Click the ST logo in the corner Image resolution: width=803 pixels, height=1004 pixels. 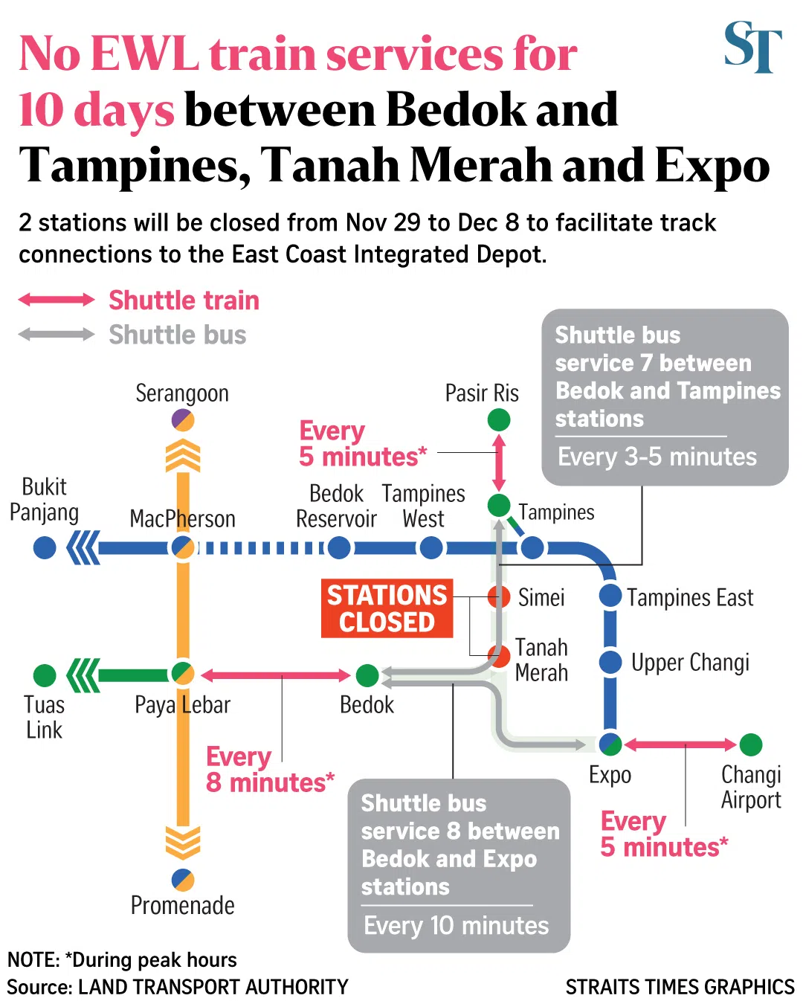(752, 47)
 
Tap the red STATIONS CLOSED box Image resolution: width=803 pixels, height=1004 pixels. (387, 608)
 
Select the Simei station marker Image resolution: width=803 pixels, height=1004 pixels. (499, 596)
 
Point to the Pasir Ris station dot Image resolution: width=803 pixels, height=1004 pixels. (499, 420)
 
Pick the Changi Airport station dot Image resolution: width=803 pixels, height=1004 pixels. (751, 744)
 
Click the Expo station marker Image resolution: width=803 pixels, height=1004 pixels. (610, 744)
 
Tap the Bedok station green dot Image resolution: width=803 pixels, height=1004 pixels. (367, 675)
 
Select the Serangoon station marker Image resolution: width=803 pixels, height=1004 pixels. (183, 420)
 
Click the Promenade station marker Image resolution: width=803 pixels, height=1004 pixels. (183, 880)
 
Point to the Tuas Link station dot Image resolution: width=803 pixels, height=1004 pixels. (45, 675)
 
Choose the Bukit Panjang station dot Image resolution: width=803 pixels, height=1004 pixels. (45, 548)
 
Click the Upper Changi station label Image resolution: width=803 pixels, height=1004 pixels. (690, 662)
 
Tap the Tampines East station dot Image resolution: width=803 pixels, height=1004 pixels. (610, 595)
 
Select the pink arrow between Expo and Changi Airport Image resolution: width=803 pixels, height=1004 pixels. (680, 744)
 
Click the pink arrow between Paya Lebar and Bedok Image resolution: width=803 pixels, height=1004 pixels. (275, 675)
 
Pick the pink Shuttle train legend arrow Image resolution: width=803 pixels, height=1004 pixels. (57, 300)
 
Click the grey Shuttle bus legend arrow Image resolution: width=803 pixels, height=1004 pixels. (57, 334)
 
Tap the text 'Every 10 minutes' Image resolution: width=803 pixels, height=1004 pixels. (456, 926)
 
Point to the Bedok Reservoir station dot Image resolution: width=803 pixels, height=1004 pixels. (339, 548)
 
